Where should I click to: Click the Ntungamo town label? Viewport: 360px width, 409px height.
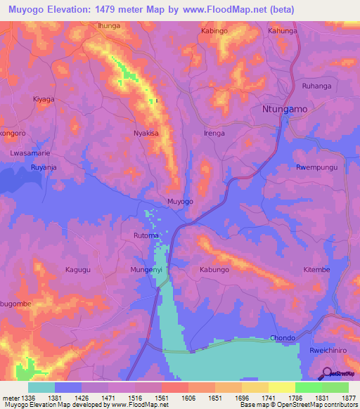click(284, 110)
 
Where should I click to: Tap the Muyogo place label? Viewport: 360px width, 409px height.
click(180, 202)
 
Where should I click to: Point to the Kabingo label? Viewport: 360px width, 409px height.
click(215, 32)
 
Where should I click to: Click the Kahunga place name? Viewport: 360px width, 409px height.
click(283, 32)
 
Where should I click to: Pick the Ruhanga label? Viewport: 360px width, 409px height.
click(316, 86)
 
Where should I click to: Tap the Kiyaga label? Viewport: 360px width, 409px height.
click(44, 100)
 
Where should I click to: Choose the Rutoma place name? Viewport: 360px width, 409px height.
click(146, 237)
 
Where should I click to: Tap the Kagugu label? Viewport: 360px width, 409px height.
click(79, 270)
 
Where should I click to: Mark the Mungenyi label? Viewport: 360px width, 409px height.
click(146, 270)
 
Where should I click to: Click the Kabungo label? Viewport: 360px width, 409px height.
click(214, 270)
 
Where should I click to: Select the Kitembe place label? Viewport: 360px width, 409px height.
click(316, 270)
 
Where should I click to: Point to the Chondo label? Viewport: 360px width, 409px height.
click(283, 338)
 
